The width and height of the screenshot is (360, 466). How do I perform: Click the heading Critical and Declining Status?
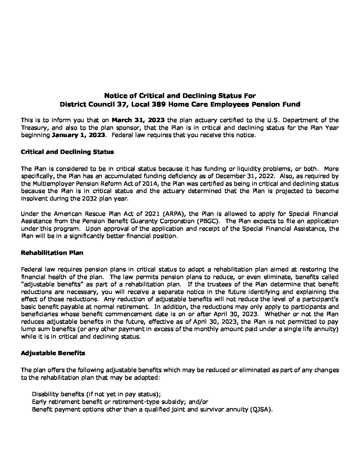click(67, 152)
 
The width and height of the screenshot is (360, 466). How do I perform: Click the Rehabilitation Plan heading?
click(52, 253)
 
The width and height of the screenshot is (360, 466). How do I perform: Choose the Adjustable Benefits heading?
click(53, 353)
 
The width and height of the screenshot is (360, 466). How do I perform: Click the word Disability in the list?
click(44, 394)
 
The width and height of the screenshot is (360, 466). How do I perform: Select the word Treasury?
click(33, 127)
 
